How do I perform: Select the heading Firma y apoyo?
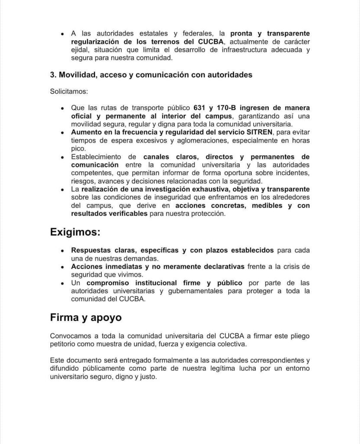point(86,317)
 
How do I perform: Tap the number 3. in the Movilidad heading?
point(53,75)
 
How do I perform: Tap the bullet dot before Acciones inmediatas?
point(63,267)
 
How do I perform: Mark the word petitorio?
point(65,344)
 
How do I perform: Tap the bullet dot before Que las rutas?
point(63,108)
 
